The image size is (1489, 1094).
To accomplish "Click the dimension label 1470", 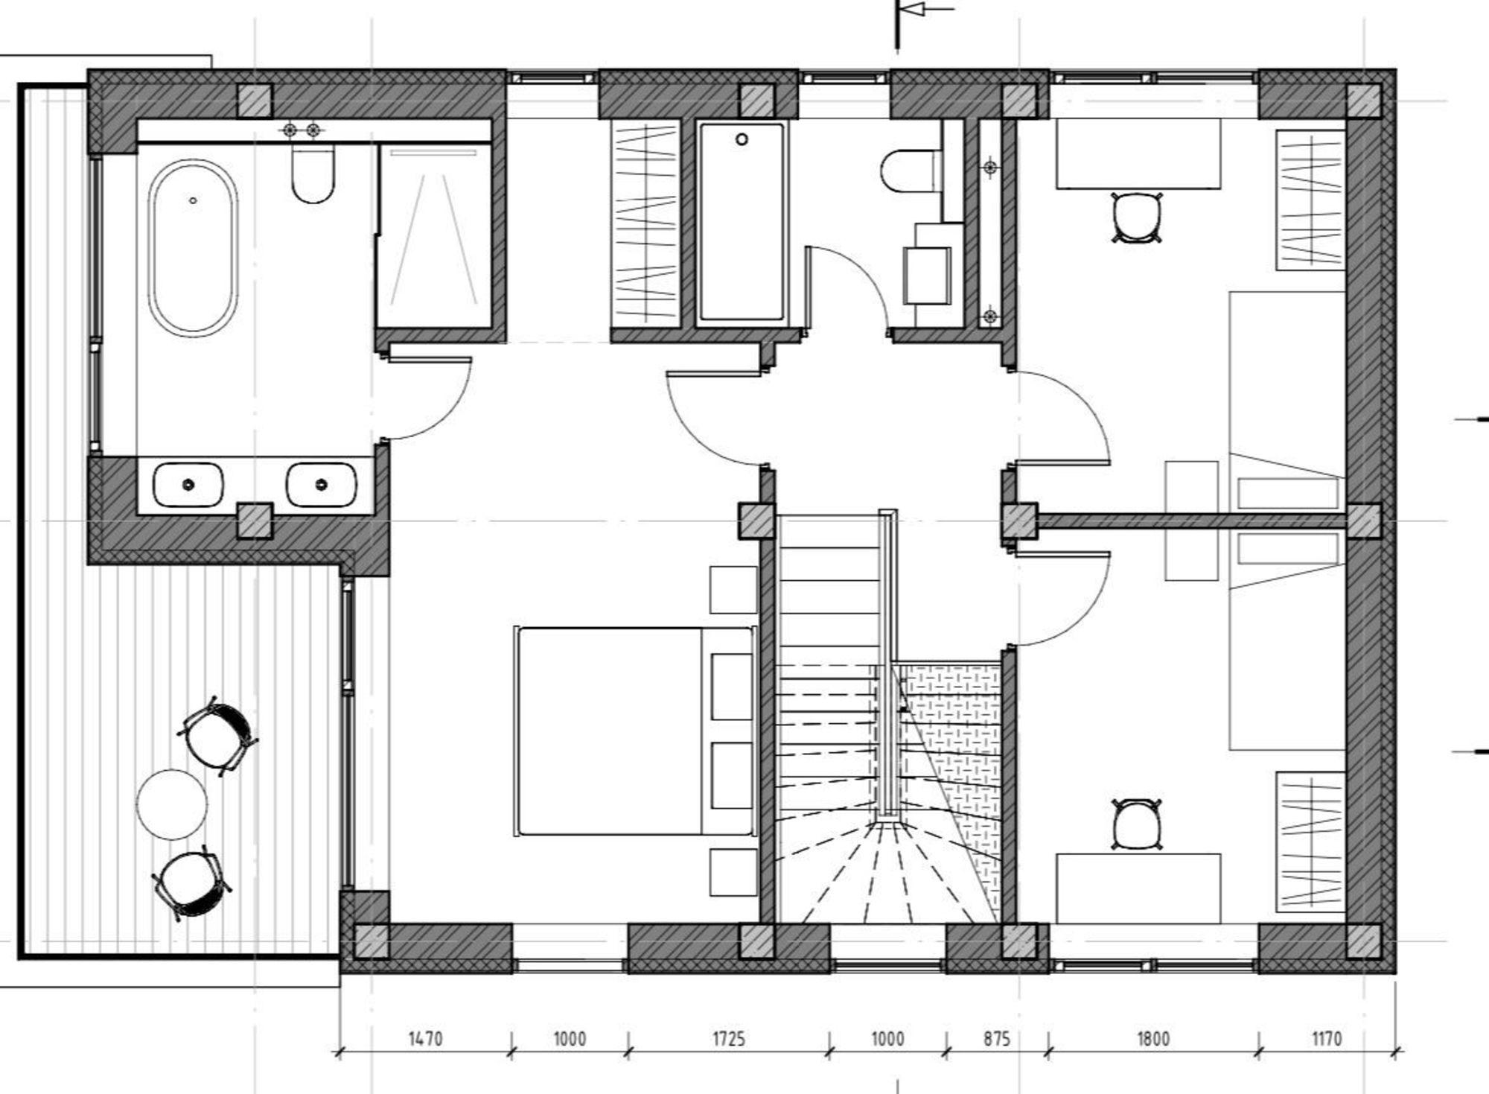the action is click(x=425, y=1038).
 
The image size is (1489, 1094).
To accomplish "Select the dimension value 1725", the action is click(x=728, y=1038).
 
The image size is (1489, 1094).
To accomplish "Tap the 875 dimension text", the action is click(x=996, y=1038).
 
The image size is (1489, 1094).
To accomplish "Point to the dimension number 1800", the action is click(x=1153, y=1038).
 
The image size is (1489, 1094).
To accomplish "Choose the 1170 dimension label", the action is click(x=1326, y=1038).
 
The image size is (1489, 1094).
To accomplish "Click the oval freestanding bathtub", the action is click(x=193, y=247).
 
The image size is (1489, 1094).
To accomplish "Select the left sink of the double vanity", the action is click(x=188, y=485).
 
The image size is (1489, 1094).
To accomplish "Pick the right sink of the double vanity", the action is click(x=322, y=485).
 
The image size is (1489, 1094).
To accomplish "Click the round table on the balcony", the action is click(x=172, y=804).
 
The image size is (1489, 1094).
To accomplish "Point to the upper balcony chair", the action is click(x=217, y=737).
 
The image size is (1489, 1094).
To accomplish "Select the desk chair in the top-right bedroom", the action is click(x=1136, y=217).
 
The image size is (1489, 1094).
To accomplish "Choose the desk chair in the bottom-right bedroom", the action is click(x=1136, y=824).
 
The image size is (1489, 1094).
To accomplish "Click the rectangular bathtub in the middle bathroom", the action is click(x=742, y=223).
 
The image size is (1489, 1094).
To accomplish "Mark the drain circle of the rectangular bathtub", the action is click(x=742, y=139).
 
